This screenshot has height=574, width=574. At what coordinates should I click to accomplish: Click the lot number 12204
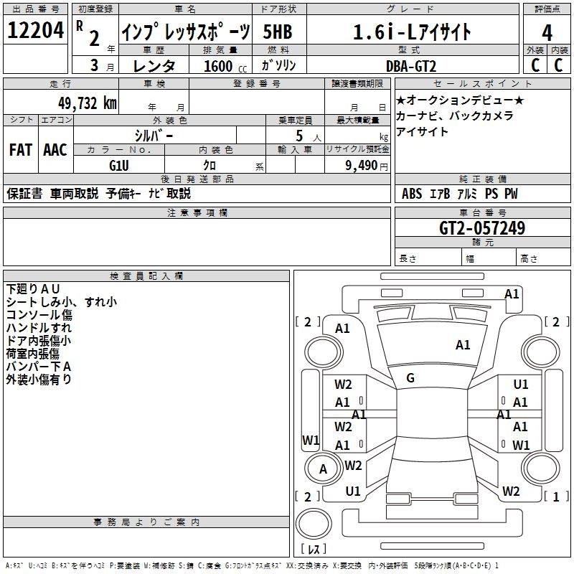[35, 30]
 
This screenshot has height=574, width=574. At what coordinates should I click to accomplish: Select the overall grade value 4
[547, 33]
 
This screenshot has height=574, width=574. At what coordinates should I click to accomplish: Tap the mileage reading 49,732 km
[87, 103]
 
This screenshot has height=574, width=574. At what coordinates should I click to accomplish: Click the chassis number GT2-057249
[482, 228]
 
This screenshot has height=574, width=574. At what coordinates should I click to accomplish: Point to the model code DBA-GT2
[411, 66]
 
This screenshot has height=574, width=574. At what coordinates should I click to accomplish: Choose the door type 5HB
[278, 32]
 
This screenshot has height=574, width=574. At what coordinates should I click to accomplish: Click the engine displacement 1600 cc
[225, 66]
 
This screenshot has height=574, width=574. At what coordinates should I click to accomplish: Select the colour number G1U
[119, 166]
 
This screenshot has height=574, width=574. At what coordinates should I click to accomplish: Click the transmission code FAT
[21, 150]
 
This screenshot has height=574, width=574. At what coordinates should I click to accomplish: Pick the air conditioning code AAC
[55, 150]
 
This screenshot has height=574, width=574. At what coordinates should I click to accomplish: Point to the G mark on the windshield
[410, 378]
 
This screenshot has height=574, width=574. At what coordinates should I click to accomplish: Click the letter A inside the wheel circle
[323, 469]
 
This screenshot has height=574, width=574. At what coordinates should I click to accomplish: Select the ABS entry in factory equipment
[412, 194]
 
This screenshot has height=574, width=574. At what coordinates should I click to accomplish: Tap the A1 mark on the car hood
[463, 345]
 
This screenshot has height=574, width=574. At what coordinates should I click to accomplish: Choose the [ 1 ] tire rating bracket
[556, 497]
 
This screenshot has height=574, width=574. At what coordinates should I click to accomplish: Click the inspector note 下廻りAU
[33, 289]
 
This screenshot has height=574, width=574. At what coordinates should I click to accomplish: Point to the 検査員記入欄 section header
[146, 276]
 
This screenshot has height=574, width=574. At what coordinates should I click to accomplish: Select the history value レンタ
[154, 66]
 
